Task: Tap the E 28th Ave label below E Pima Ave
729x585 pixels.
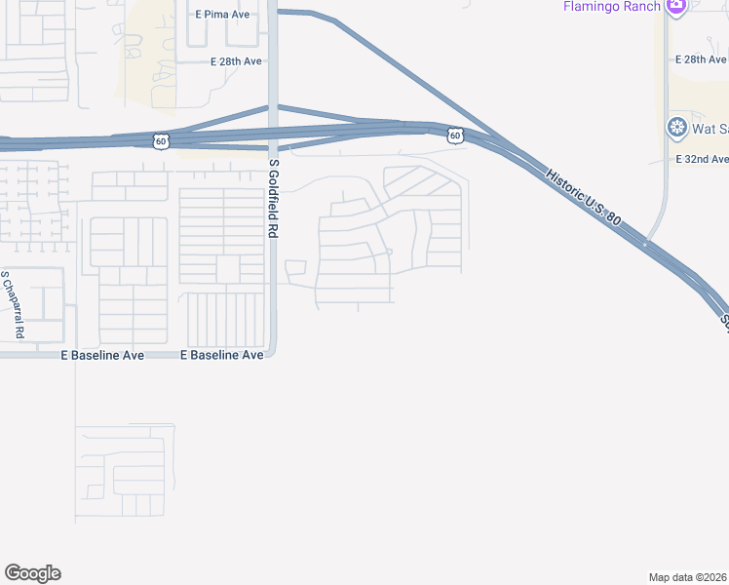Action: coord(237,61)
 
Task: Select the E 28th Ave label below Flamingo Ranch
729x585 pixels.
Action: coord(701,59)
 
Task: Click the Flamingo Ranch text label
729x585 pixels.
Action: coord(610,6)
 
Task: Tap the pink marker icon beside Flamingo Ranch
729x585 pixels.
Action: coord(676,6)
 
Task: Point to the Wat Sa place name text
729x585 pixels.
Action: coord(710,129)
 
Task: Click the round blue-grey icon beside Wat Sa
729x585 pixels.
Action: coord(676,128)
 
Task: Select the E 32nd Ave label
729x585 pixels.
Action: coord(702,159)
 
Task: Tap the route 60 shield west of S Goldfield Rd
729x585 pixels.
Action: coord(161,141)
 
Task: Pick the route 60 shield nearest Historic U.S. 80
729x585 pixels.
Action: coord(455,136)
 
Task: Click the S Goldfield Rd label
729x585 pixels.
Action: coord(275,199)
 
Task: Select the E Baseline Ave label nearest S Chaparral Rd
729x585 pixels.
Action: coord(102,356)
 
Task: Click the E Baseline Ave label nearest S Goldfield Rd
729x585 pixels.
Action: coord(222,356)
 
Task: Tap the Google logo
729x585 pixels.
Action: coord(32,573)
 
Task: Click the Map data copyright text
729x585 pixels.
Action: coord(688,577)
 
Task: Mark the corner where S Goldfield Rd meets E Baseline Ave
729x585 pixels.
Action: coord(274,354)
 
